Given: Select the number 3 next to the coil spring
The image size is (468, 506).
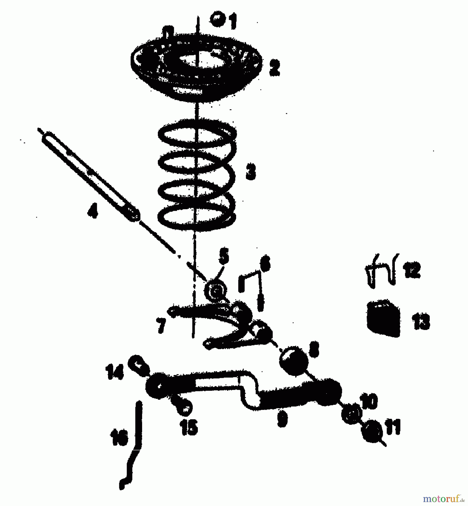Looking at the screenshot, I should (x=250, y=172).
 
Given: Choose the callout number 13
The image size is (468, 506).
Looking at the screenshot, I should (x=420, y=322).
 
